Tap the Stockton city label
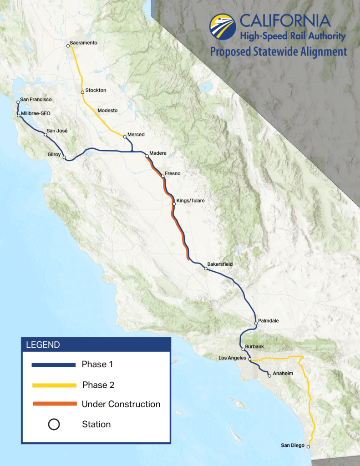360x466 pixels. (x=96, y=91)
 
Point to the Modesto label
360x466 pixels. (x=107, y=111)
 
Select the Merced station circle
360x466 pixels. (x=125, y=136)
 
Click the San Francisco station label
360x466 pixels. (x=36, y=99)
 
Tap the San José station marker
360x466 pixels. (x=46, y=135)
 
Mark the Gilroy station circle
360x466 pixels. (x=64, y=158)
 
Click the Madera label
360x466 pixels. (x=158, y=153)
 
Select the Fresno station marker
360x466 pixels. (x=162, y=176)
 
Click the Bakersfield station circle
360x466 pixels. (x=206, y=269)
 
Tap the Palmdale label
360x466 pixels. (x=268, y=321)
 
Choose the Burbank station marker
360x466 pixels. (x=243, y=349)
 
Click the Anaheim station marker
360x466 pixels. (x=269, y=376)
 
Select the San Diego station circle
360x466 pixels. (x=309, y=447)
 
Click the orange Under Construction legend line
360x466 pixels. (x=54, y=404)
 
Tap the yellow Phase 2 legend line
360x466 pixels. (x=54, y=385)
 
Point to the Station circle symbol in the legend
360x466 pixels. (x=54, y=425)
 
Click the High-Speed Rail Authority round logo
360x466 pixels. (x=223, y=27)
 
